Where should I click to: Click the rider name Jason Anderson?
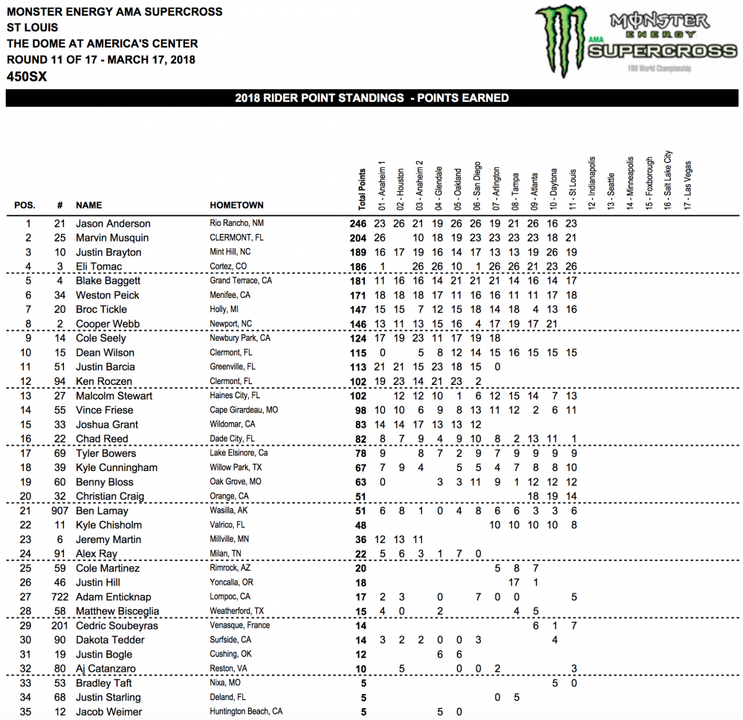[113, 224]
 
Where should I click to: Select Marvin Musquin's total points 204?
[357, 238]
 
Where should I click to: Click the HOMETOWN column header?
[236, 205]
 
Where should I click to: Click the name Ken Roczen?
[106, 382]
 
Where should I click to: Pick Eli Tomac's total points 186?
[357, 267]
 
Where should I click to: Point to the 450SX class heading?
[27, 77]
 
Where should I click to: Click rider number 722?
[59, 597]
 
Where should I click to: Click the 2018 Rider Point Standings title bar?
[371, 98]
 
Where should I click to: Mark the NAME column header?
[89, 205]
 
